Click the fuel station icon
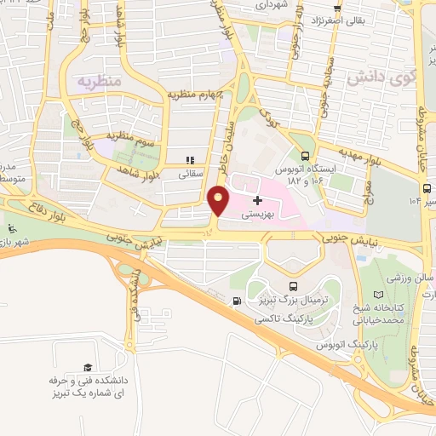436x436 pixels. [x=235, y=300]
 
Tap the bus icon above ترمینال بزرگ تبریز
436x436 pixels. [x=294, y=287]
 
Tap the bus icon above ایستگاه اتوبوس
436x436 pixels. [x=305, y=155]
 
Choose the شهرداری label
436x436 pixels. [x=274, y=4]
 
